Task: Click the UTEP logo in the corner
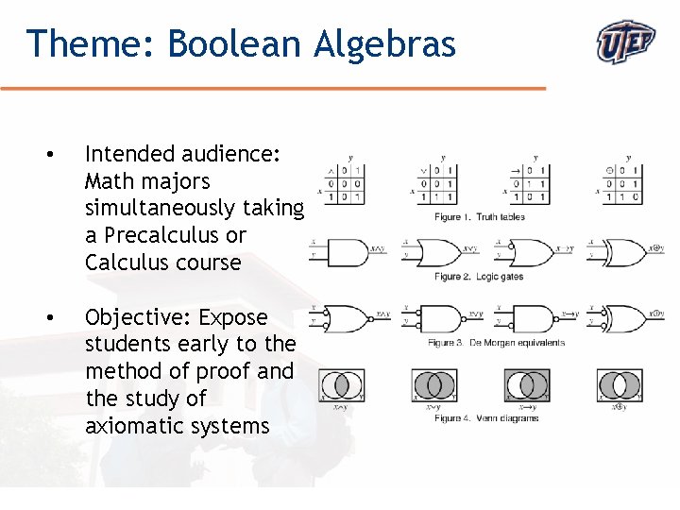pyautogui.click(x=626, y=42)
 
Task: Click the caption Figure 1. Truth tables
pyautogui.click(x=480, y=217)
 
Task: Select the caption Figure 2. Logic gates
pyautogui.click(x=478, y=277)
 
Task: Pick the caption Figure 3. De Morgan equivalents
pyautogui.click(x=496, y=343)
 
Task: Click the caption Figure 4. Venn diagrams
pyautogui.click(x=486, y=418)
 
